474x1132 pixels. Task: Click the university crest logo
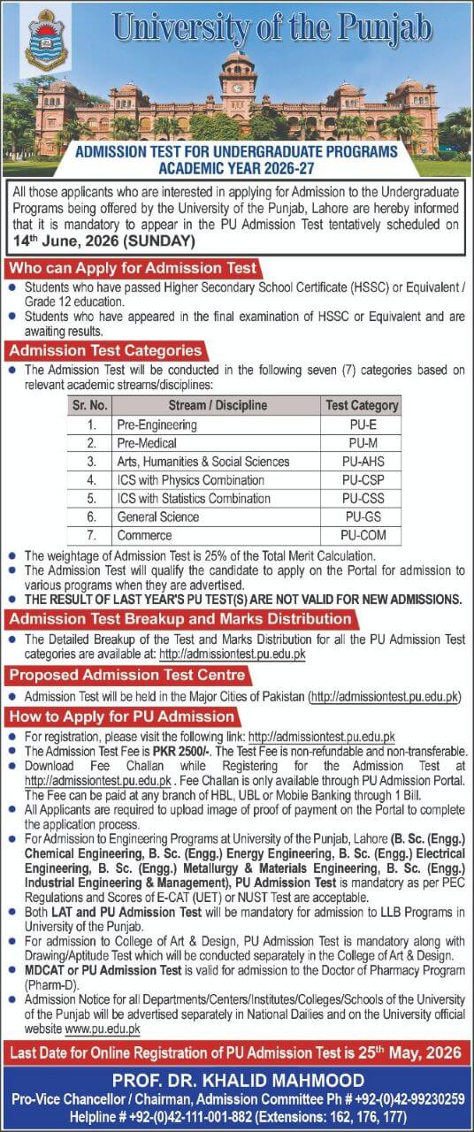pos(46,41)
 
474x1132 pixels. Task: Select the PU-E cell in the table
pos(361,424)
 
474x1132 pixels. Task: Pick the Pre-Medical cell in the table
pos(147,443)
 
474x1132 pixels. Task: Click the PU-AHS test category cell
pos(361,462)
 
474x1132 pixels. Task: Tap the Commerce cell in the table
pos(144,535)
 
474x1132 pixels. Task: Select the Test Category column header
pos(361,406)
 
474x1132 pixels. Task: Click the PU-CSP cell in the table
pos(361,480)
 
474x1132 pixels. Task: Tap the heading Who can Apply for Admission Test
pos(133,268)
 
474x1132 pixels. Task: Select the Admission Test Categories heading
pos(105,351)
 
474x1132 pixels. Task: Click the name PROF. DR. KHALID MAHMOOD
pos(237,1080)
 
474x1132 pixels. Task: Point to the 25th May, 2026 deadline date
pos(408,1052)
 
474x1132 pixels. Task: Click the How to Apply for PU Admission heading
pos(122,716)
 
